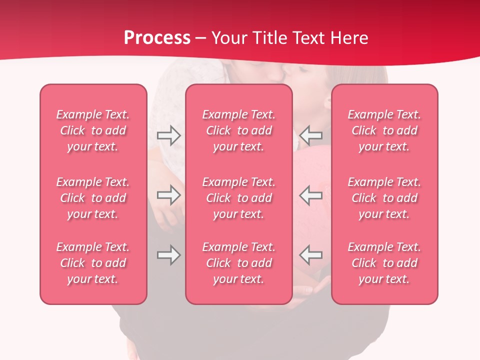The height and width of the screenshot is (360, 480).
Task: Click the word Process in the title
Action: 157,38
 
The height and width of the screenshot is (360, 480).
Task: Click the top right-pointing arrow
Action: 168,135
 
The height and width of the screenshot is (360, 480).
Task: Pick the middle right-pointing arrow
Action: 168,195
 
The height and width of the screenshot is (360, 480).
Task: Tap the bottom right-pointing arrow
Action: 168,255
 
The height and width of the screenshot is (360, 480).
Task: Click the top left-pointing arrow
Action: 310,135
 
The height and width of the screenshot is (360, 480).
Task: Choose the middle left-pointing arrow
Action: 310,195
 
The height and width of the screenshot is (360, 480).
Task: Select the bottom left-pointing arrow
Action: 310,255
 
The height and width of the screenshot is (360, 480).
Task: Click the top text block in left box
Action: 93,130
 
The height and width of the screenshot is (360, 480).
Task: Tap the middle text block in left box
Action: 93,198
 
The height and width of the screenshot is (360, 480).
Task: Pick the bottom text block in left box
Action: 93,263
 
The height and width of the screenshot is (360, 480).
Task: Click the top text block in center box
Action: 238,130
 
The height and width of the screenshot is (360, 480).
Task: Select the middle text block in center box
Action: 238,198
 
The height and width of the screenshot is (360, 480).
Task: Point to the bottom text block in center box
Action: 238,263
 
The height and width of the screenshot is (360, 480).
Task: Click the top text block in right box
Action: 384,130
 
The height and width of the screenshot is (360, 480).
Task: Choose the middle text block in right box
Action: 384,198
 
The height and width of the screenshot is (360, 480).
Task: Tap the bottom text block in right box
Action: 384,263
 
